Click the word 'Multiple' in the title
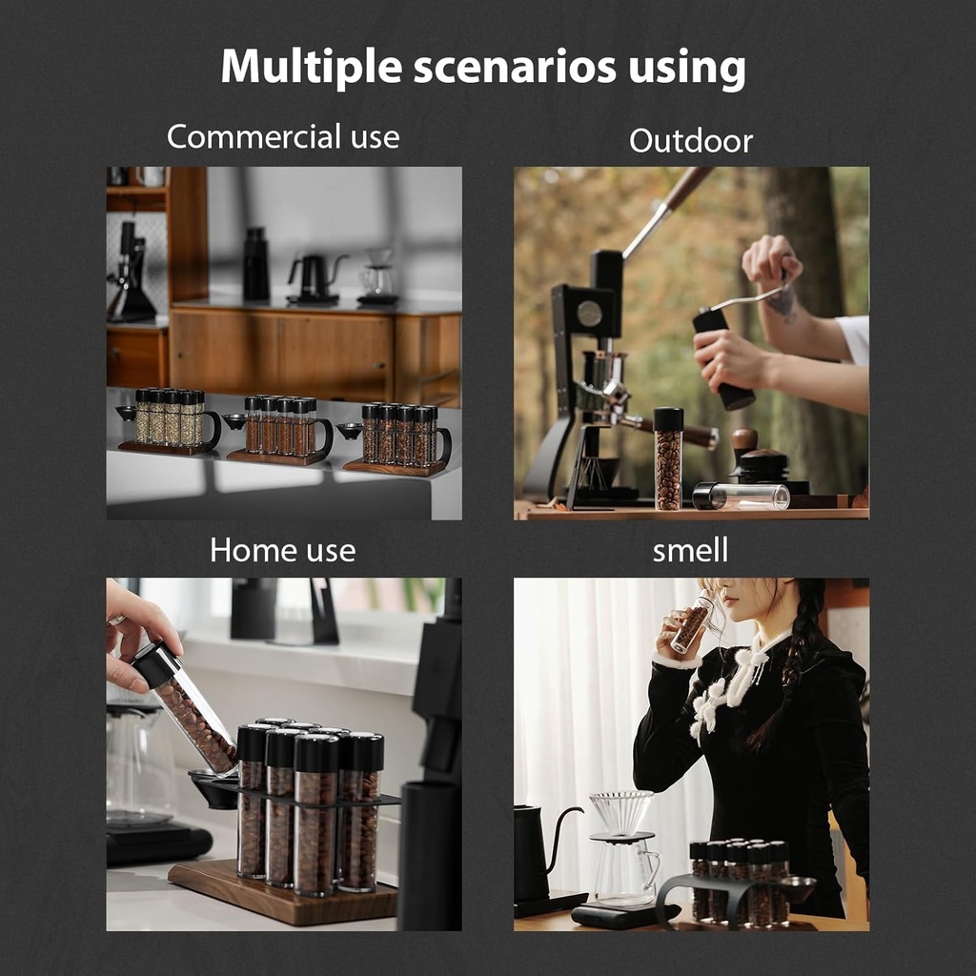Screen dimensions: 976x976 (312, 67)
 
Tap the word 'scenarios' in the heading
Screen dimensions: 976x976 (515, 67)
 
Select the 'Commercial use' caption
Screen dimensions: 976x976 (283, 136)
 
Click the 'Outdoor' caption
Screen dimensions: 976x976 (691, 141)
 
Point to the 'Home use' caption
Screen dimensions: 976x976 (282, 550)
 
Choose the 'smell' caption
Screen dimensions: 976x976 (690, 550)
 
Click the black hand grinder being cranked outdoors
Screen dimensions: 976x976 (723, 358)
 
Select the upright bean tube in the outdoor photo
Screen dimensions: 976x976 (668, 458)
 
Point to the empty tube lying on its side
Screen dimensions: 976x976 (741, 496)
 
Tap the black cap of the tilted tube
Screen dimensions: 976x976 (156, 664)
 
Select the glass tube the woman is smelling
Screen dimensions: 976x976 (692, 625)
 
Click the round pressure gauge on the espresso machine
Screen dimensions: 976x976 (589, 313)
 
